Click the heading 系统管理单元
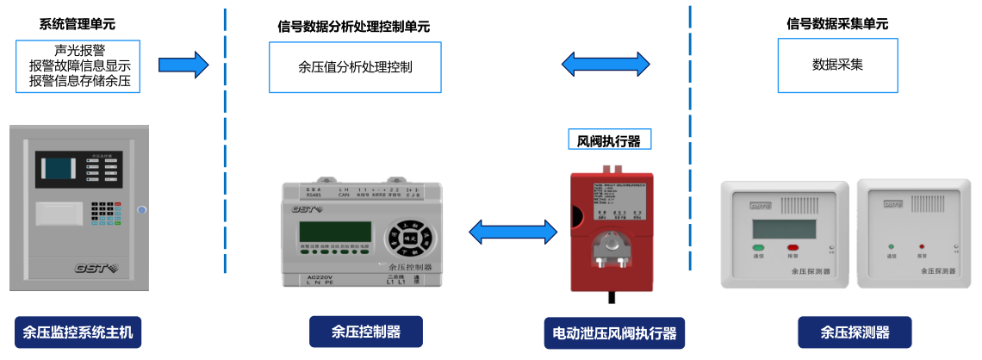pos(76,23)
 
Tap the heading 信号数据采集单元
pos(837,23)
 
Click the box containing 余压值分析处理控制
pos(355,65)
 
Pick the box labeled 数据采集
pos(837,65)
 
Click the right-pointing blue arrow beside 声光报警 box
pos(183,65)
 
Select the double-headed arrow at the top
pos(606,64)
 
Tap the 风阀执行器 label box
pos(609,140)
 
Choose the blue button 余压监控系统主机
pos(78,332)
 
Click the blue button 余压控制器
pos(366,332)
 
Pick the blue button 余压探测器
pos(855,332)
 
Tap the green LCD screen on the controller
pos(335,231)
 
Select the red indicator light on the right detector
pos(922,247)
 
